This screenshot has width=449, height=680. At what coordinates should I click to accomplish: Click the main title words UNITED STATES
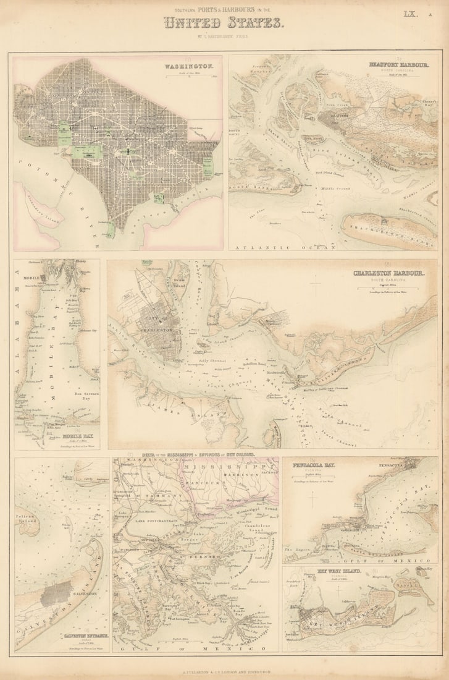[x=224, y=24]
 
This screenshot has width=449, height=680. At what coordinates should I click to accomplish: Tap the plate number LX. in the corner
[x=410, y=14]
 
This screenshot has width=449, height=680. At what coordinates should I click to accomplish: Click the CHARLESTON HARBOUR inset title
[x=388, y=273]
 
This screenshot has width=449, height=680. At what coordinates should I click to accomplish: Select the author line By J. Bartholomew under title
[x=224, y=38]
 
